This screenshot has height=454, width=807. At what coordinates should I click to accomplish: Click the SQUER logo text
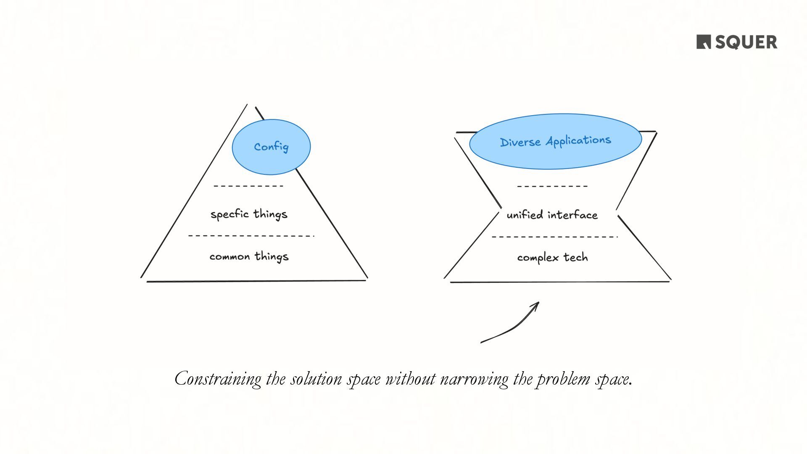coord(746,42)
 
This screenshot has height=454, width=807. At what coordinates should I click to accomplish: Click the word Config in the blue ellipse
coord(271,147)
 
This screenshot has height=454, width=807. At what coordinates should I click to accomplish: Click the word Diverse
coord(520,142)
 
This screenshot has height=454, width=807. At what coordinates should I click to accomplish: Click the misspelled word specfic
coord(229,214)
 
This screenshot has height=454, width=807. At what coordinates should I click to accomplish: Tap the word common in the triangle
coord(229,257)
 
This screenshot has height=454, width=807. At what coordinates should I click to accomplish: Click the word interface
coord(572,215)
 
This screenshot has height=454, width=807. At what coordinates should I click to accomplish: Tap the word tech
coord(575,257)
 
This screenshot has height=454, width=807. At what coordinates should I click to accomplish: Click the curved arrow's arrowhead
coord(536,304)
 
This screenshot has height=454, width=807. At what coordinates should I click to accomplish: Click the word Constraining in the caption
coord(218,379)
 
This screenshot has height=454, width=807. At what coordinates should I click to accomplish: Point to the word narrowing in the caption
coord(474,379)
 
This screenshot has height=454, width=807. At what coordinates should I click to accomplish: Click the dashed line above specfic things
coord(248,186)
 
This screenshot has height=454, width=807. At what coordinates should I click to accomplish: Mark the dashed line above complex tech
coord(554,237)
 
